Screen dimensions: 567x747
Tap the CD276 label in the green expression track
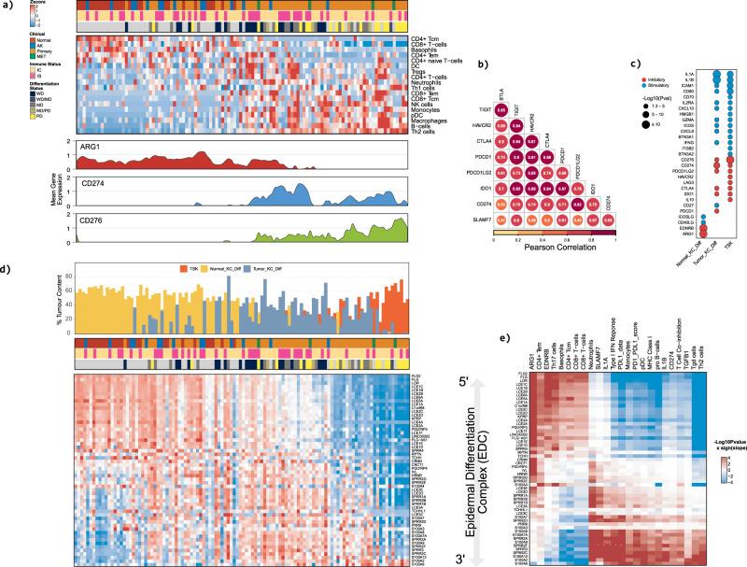coord(95,221)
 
